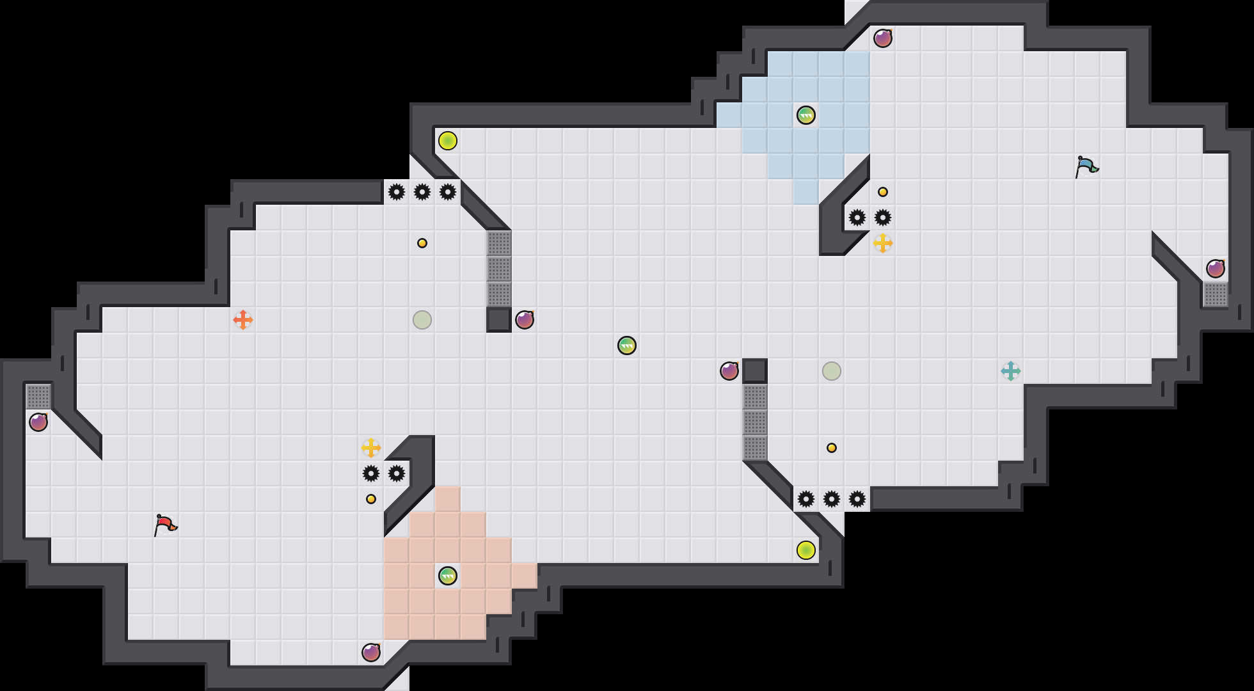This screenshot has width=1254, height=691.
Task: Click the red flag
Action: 165,525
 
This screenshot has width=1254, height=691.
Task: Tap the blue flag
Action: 1086,166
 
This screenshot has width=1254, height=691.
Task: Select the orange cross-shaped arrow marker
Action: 243,320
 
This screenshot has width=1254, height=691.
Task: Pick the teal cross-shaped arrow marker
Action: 1011,371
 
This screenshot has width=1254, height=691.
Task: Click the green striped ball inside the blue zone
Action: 806,115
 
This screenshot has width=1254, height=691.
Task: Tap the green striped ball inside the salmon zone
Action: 448,576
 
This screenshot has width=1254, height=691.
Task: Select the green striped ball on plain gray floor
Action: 627,345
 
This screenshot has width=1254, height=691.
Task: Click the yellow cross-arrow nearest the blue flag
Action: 883,243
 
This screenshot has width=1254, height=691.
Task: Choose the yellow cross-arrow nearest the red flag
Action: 371,448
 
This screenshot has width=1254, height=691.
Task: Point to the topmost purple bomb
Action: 883,38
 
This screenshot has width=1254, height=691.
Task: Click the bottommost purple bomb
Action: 371,653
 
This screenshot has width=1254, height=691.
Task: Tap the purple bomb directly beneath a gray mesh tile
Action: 38,422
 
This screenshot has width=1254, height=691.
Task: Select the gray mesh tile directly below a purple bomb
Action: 1216,294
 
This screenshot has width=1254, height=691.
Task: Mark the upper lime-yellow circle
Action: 448,141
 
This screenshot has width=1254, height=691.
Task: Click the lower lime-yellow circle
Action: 806,550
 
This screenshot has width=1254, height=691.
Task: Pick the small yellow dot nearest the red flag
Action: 371,499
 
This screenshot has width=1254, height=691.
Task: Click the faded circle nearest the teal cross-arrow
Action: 832,371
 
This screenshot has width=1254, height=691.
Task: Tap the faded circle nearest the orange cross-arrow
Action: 422,320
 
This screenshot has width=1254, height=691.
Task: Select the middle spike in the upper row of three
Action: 422,192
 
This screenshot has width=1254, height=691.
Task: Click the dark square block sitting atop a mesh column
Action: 755,371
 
